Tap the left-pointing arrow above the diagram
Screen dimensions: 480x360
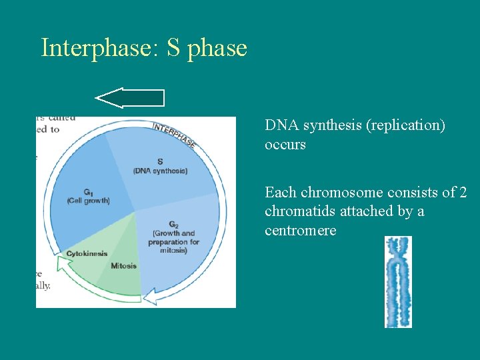click(131, 98)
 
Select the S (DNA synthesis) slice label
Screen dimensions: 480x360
click(160, 166)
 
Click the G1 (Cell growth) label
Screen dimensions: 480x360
click(88, 197)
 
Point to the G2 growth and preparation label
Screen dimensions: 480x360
click(173, 237)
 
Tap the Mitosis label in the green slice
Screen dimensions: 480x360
click(123, 266)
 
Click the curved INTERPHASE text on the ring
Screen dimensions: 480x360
click(174, 134)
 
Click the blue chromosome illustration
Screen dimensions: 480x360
click(398, 282)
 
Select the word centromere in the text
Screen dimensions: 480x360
click(300, 231)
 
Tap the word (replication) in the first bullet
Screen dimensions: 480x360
click(406, 125)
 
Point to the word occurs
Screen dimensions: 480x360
click(285, 144)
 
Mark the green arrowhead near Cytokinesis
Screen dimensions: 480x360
click(63, 265)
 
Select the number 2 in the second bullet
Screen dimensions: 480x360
click(463, 193)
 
